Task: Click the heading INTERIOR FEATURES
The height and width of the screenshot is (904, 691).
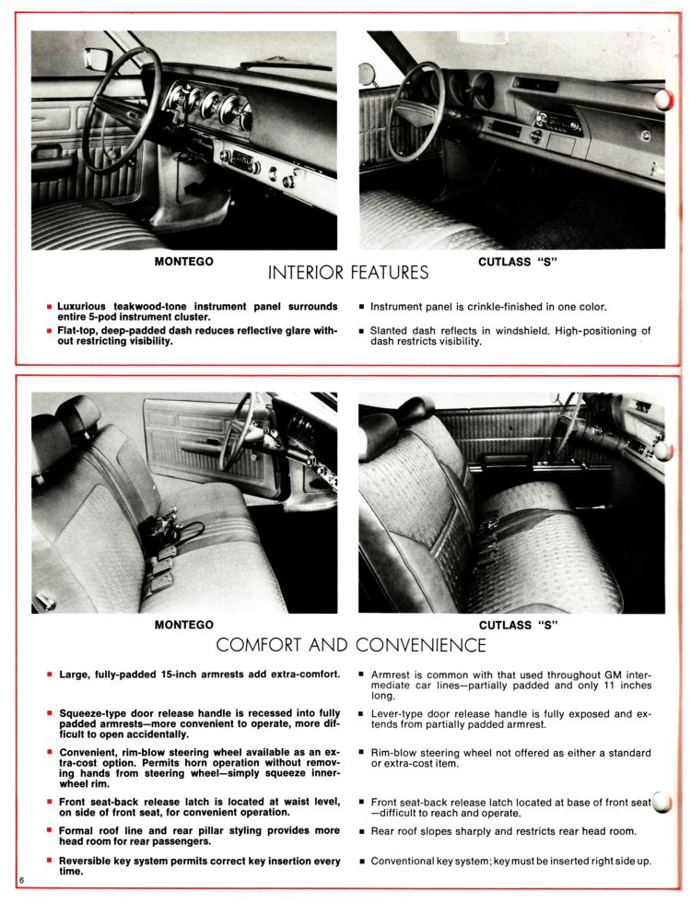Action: pos(347,273)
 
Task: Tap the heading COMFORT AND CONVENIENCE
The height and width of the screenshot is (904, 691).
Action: pos(350,645)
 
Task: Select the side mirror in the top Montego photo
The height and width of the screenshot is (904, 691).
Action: pos(97,61)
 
